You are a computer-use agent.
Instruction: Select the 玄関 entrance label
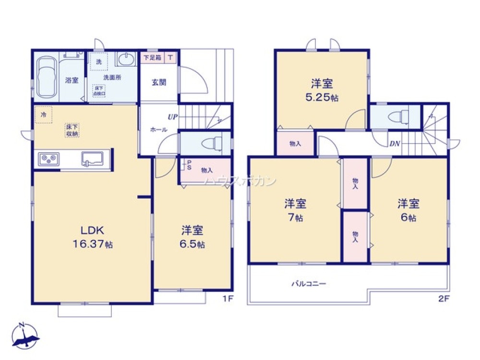159,82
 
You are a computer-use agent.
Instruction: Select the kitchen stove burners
48,158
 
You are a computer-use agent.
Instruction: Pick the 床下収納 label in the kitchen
72,130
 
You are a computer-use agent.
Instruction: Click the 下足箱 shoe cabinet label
153,58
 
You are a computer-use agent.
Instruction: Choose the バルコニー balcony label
309,284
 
